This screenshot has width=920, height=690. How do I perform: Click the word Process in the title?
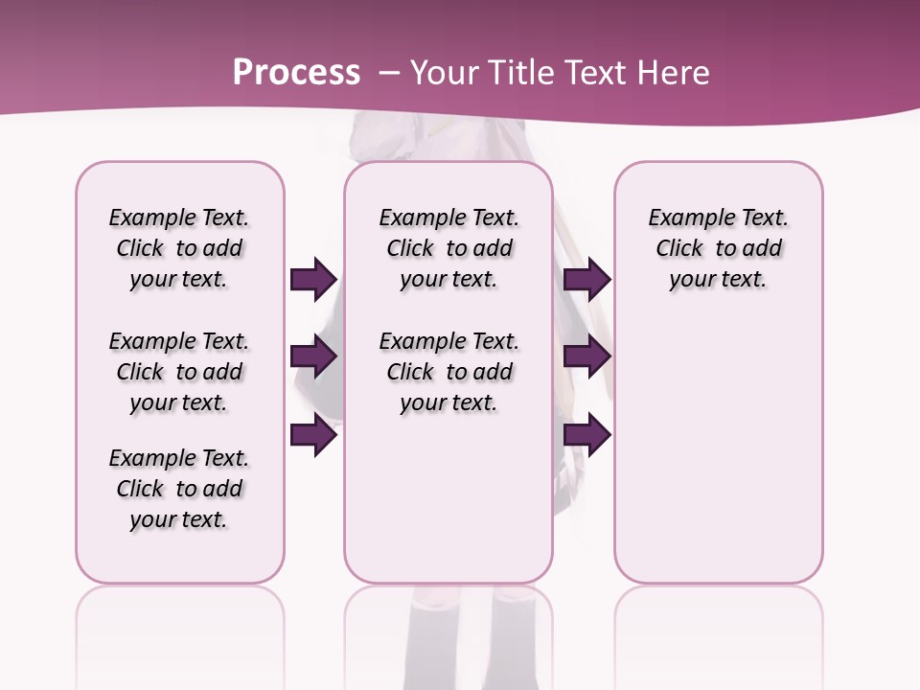[296, 72]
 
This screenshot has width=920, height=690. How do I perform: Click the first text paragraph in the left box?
[179, 248]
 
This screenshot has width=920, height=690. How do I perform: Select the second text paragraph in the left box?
[179, 372]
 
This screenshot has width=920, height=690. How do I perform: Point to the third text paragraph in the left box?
[179, 489]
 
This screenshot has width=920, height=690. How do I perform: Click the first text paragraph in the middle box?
[448, 248]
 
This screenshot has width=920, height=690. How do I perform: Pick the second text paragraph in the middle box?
[448, 372]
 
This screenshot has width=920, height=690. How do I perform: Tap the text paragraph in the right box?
[718, 248]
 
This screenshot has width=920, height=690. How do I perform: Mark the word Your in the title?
[445, 72]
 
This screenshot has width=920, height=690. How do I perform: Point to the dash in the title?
[388, 73]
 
